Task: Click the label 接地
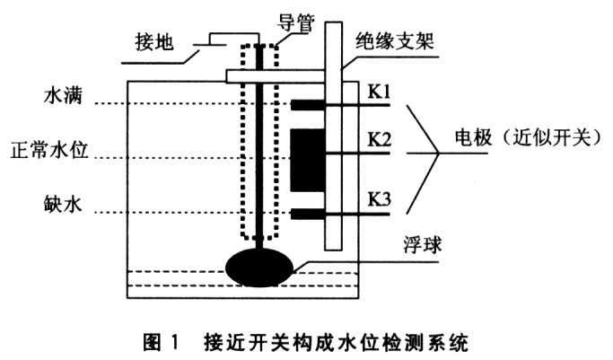pyautogui.click(x=154, y=42)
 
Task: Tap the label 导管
pyautogui.click(x=296, y=22)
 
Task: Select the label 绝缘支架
pyautogui.click(x=395, y=40)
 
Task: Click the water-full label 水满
pyautogui.click(x=64, y=95)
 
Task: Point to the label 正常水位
pyautogui.click(x=49, y=150)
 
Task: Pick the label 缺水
pyautogui.click(x=64, y=205)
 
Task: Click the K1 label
pyautogui.click(x=380, y=92)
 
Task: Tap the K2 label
pyautogui.click(x=380, y=139)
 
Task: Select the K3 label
pyautogui.click(x=380, y=199)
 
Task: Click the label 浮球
pyautogui.click(x=423, y=245)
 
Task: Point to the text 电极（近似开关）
pyautogui.click(x=528, y=137)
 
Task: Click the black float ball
pyautogui.click(x=259, y=268)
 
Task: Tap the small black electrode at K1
pyautogui.click(x=308, y=105)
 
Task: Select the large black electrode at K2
pyautogui.click(x=308, y=160)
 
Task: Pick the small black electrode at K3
pyautogui.click(x=308, y=214)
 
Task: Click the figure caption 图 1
pyautogui.click(x=161, y=342)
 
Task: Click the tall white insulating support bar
pyautogui.click(x=334, y=136)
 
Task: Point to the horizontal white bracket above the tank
pyautogui.click(x=276, y=76)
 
